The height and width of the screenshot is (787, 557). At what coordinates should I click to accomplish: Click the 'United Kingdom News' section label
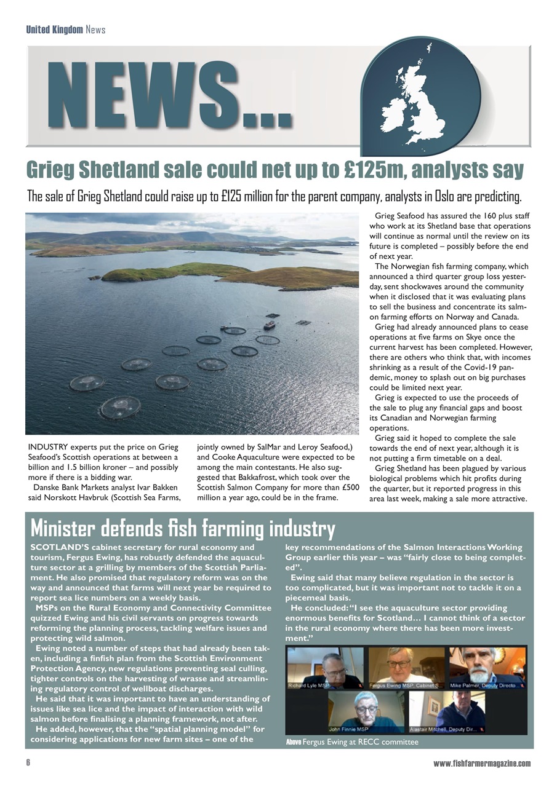pos(65,30)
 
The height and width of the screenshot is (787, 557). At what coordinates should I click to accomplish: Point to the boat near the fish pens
pos(270,325)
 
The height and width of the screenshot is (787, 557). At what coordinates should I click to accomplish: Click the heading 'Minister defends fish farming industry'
pos(183,528)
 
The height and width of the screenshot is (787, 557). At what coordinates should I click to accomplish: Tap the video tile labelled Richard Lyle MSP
pos(325,668)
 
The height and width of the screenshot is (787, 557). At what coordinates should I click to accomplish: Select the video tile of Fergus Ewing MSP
pos(406,668)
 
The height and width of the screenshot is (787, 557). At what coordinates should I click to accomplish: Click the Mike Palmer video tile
pos(487,668)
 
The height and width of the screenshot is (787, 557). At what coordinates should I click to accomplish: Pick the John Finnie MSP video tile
pos(366,712)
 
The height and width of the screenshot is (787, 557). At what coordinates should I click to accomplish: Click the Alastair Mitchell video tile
pos(447,712)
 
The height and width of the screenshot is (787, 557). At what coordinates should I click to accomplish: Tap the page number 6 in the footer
pos(28,763)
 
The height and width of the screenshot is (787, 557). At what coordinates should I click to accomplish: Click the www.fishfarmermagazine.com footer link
pos(481,763)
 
